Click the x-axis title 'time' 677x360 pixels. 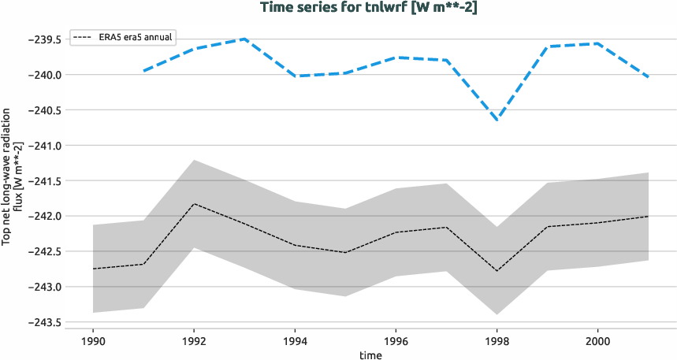pos(370,355)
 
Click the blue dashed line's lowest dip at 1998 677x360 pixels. pos(497,120)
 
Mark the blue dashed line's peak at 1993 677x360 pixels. pos(244,39)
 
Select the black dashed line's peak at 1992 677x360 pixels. pos(194,204)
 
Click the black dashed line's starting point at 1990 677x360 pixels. pos(93,269)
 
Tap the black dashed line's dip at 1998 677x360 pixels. pos(497,271)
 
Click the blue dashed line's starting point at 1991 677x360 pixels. pos(143,71)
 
